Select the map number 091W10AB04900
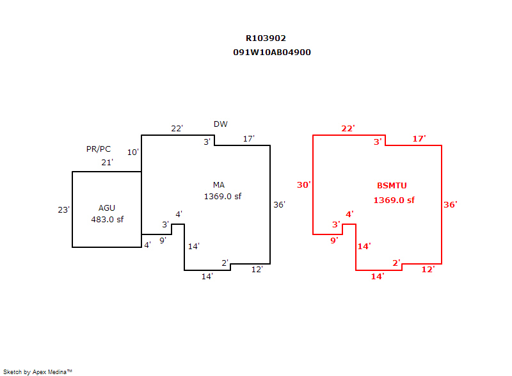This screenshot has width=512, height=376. click(x=272, y=53)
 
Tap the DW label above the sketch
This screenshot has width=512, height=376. click(x=220, y=124)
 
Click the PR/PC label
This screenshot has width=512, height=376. click(x=99, y=149)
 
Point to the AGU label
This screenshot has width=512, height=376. click(x=107, y=208)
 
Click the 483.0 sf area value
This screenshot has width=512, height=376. click(x=107, y=219)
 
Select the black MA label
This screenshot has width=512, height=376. click(x=219, y=185)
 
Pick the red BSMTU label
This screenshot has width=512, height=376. click(x=392, y=186)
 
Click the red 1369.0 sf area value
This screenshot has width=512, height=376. click(x=394, y=200)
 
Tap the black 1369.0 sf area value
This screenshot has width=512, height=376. click(x=223, y=197)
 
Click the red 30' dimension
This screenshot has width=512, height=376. click(x=303, y=185)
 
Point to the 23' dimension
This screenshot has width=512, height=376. click(x=63, y=209)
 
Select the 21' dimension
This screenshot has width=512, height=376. click(x=107, y=163)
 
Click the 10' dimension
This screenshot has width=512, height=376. click(x=132, y=152)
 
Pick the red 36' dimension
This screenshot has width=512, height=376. click(x=451, y=205)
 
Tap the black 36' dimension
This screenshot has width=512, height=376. click(x=279, y=205)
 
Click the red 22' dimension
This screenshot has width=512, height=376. click(x=348, y=129)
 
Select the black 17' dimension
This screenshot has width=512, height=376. click(x=248, y=139)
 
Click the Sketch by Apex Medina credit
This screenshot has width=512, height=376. click(x=37, y=372)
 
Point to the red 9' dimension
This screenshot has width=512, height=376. click(x=333, y=241)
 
